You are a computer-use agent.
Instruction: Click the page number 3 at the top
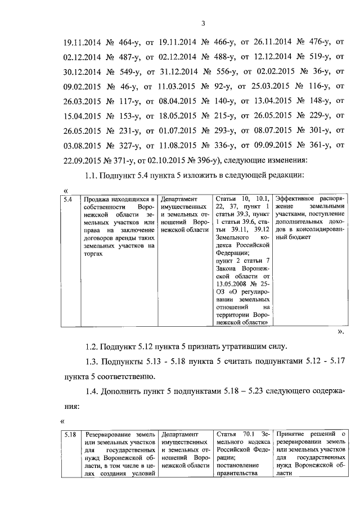(204, 23)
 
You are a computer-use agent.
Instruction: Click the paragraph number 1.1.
(92, 175)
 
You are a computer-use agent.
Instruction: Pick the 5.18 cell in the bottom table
(69, 435)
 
